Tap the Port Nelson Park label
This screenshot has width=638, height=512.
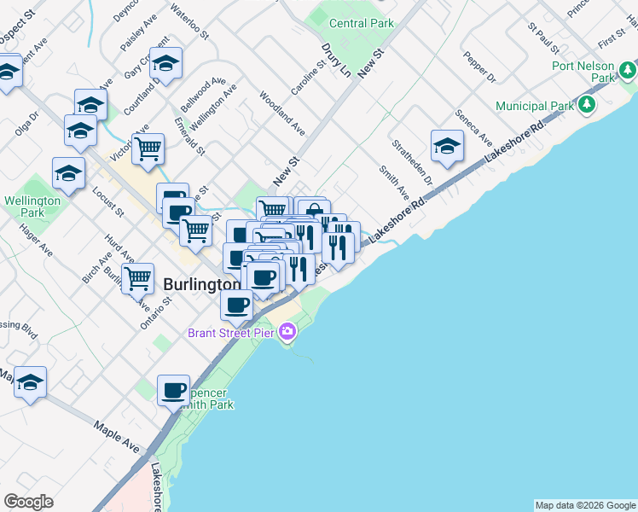(x=583, y=71)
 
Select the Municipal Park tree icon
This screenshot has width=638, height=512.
(x=586, y=105)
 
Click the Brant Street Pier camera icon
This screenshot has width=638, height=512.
(x=287, y=331)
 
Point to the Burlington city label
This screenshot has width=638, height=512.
(x=200, y=283)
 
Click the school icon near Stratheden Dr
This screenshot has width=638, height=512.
(x=446, y=147)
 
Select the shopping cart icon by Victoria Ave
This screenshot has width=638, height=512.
(x=148, y=148)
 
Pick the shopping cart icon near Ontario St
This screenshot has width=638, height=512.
(x=137, y=277)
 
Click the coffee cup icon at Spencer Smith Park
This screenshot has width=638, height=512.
(x=174, y=390)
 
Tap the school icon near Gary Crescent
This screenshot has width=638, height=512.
(x=165, y=62)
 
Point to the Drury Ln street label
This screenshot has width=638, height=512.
(x=336, y=61)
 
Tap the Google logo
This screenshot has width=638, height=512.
(x=28, y=502)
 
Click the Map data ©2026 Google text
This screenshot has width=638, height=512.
(x=585, y=505)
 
